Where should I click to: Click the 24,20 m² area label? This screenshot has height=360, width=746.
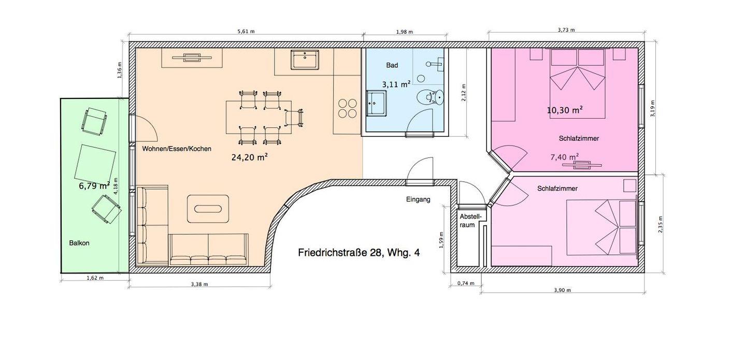[250, 157]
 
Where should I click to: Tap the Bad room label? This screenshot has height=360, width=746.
[392, 65]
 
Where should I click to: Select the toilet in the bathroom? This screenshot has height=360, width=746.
[431, 97]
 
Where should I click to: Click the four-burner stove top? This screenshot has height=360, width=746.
[347, 108]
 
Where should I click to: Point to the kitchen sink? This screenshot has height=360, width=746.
[305, 60]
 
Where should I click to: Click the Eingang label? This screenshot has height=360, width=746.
[418, 199]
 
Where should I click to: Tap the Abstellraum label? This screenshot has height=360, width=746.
[470, 221]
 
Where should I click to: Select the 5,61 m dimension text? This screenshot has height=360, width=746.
[246, 32]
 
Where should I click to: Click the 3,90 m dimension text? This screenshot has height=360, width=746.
[563, 290]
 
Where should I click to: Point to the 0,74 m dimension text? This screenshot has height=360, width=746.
[466, 283]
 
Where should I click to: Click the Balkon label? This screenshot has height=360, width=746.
[79, 243]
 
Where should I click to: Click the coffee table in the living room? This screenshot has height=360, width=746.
[208, 209]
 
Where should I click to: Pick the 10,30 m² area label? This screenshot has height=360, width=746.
[565, 110]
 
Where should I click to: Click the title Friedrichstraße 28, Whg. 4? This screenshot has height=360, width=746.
[358, 253]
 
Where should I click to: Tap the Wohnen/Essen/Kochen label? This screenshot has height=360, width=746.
[177, 149]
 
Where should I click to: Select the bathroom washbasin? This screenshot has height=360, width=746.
[377, 103]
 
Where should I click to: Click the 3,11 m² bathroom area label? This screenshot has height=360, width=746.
[396, 84]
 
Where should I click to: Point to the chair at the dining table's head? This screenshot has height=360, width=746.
[295, 118]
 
